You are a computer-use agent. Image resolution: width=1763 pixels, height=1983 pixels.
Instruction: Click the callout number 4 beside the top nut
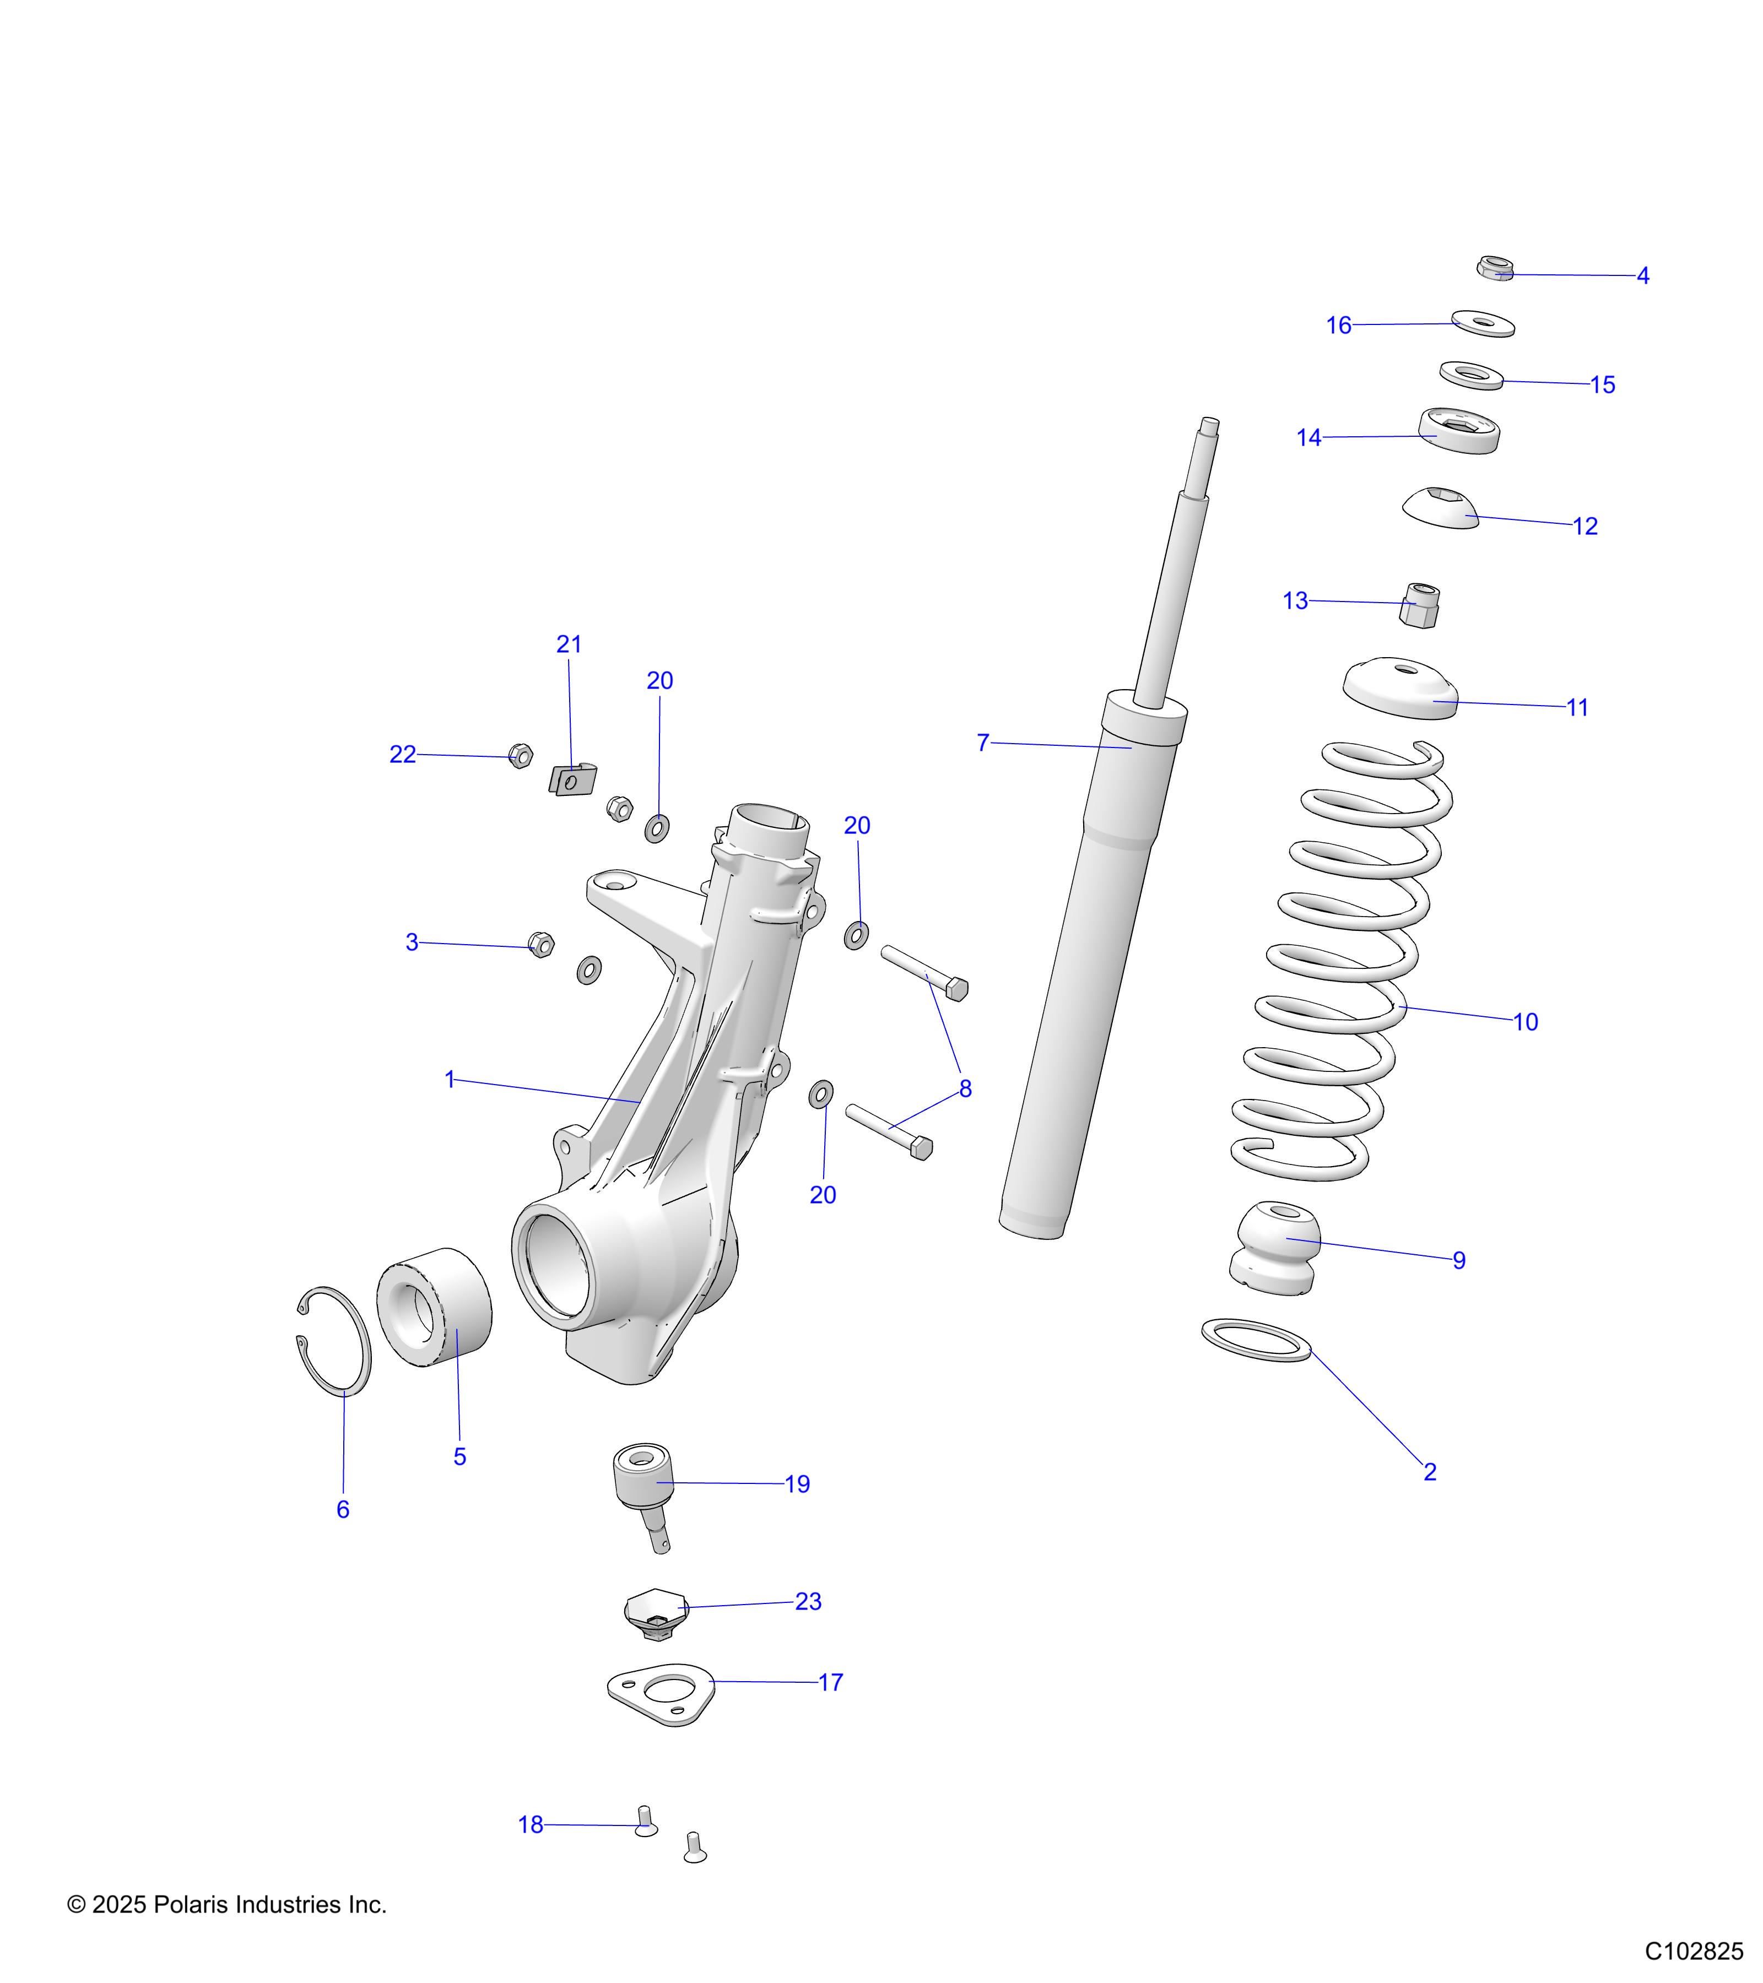[1643, 275]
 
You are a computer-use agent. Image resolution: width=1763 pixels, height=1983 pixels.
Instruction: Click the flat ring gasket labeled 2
[1256, 1341]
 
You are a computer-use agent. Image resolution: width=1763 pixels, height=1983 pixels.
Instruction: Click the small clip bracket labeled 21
[574, 779]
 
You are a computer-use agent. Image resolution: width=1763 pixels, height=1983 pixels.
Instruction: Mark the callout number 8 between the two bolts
[965, 1088]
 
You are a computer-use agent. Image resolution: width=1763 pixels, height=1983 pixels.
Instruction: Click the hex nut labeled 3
[542, 944]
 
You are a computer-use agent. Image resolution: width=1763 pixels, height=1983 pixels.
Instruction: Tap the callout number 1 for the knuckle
[449, 1079]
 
